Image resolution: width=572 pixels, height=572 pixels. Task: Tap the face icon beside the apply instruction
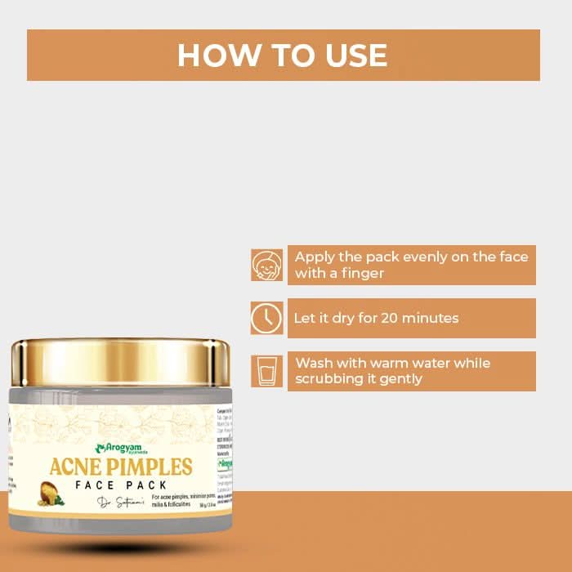[266, 265]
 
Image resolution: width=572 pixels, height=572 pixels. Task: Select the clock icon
[266, 318]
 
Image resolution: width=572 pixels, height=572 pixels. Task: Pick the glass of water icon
[266, 371]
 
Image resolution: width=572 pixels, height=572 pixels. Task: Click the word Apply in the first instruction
[315, 257]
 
